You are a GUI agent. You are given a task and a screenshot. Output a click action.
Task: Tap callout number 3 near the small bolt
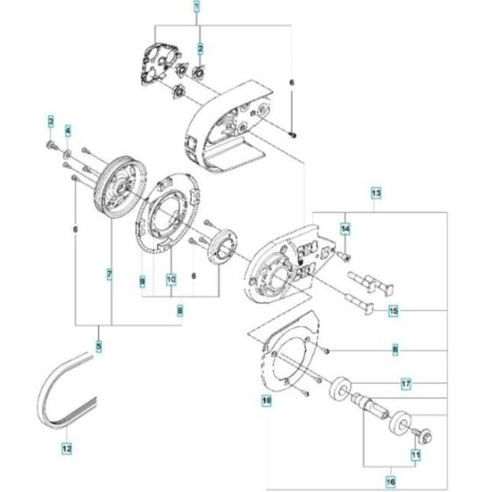pyautogui.click(x=52, y=119)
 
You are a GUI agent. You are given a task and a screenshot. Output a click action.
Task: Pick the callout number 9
pyautogui.click(x=141, y=281)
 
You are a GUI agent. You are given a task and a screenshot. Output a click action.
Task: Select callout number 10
pyautogui.click(x=170, y=281)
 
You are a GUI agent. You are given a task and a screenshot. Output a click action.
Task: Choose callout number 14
pyautogui.click(x=345, y=228)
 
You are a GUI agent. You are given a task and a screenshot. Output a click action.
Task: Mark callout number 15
pyautogui.click(x=393, y=311)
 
